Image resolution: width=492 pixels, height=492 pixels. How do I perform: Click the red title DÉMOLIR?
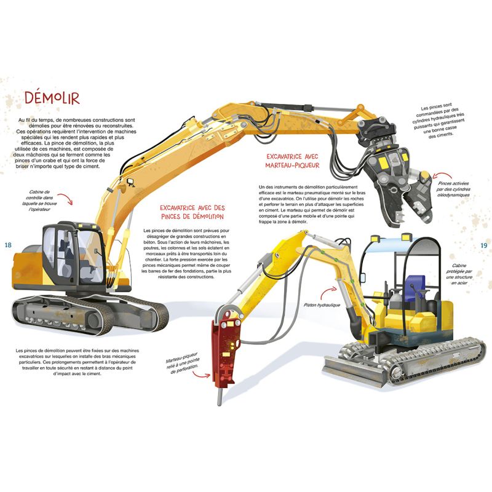point(52,98)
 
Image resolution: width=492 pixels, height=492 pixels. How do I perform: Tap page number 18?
point(8,245)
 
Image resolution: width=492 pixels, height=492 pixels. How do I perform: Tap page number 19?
point(484,245)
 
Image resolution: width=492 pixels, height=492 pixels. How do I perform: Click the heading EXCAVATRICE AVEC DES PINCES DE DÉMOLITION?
point(192,212)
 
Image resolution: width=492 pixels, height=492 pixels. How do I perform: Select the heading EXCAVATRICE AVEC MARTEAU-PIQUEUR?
point(293,161)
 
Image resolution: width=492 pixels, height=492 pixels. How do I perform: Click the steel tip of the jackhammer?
point(220,396)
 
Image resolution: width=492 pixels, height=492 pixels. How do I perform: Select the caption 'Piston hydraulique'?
point(322,305)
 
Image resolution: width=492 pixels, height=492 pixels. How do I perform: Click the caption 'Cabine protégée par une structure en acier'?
point(459,274)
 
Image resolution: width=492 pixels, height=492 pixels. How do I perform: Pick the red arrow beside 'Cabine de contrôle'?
point(65,199)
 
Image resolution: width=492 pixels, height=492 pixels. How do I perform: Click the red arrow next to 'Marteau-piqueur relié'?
point(201,374)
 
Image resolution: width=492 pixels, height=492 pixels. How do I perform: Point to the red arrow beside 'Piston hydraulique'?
point(328,292)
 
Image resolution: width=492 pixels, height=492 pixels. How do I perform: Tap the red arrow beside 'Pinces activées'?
point(442,175)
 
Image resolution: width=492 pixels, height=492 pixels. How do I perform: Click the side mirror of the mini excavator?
point(363,278)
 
